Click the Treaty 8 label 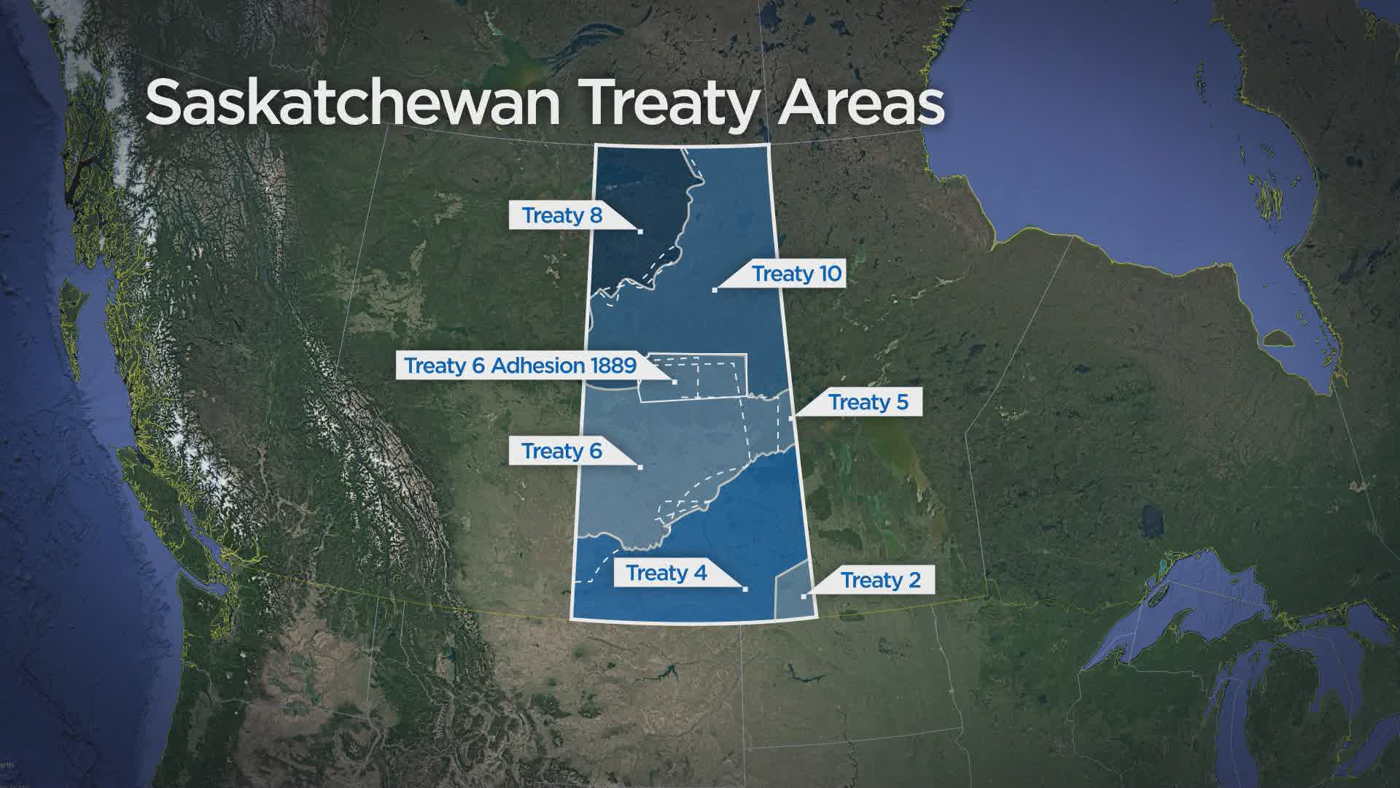561,216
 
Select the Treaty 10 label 797,274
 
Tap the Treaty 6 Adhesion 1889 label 520,365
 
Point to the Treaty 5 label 868,402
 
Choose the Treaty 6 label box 561,452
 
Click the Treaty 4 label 666,573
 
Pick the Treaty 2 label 881,581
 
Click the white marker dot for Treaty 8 640,231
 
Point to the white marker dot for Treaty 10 715,290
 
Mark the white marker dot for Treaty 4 745,589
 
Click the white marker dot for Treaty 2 804,597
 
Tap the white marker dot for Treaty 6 640,466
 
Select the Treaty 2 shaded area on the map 791,591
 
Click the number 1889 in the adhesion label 613,365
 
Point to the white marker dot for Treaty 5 792,418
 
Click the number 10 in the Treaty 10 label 830,274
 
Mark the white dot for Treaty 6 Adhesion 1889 674,382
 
